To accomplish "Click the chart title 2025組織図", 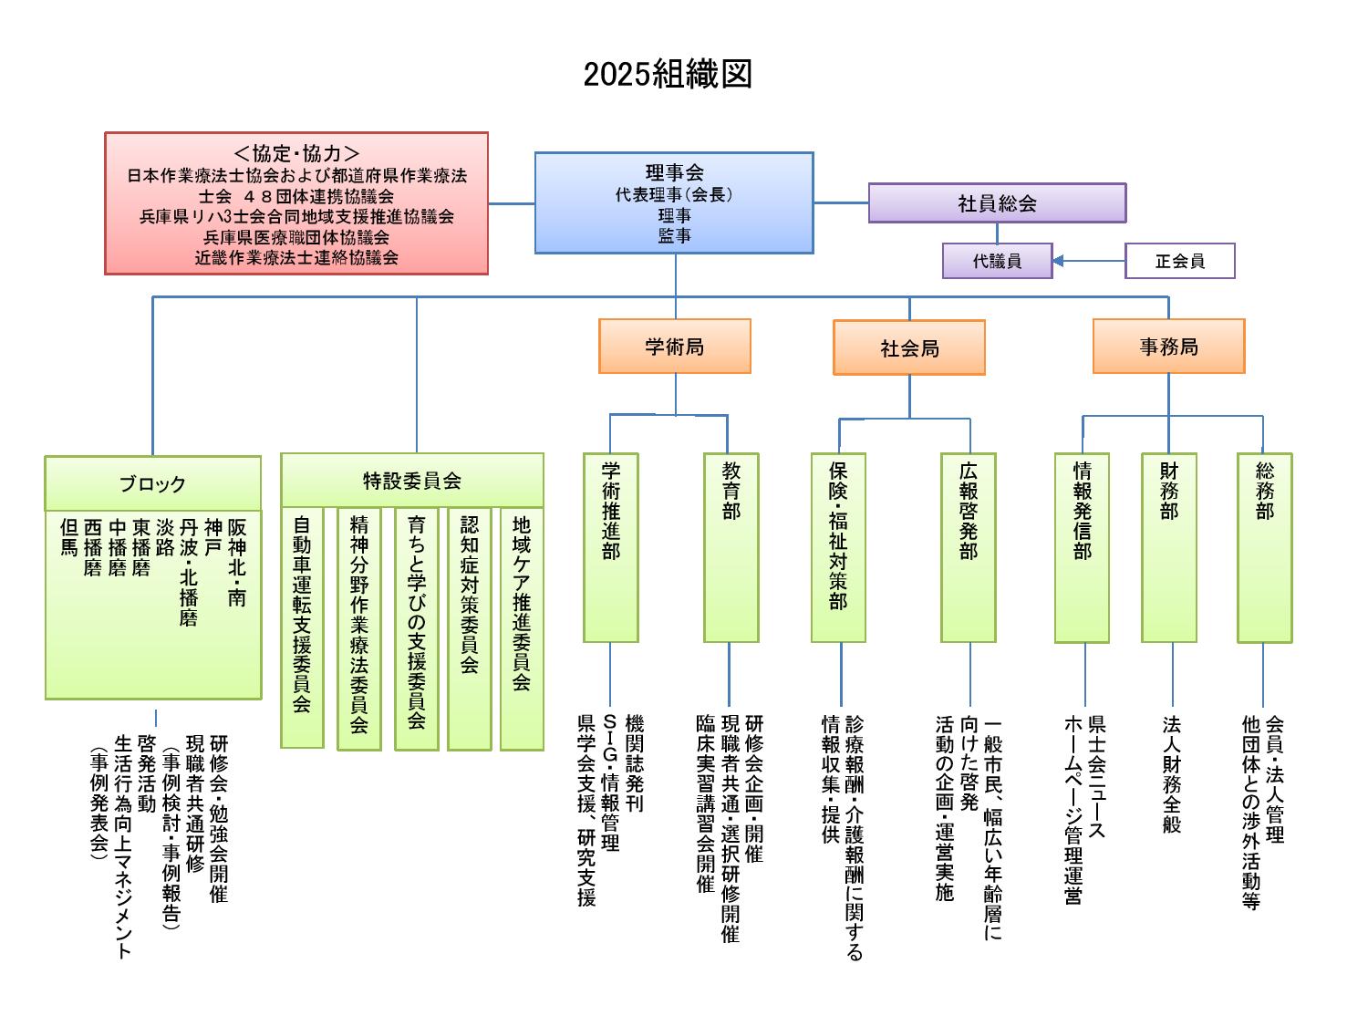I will [668, 75].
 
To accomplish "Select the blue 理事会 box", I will [674, 202].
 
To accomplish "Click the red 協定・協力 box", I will [296, 203].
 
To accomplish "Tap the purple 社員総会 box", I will [997, 203].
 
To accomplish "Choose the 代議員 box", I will [997, 261].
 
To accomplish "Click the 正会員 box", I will [1180, 261].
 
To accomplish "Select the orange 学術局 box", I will [675, 347].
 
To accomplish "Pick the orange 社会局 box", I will [909, 347].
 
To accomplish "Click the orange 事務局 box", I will [1168, 347].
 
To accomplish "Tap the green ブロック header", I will [152, 483].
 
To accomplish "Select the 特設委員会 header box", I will [412, 481].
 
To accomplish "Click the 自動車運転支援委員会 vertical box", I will [302, 627].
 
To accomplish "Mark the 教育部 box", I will [731, 547].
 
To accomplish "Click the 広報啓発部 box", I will [968, 547].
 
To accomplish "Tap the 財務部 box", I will [1168, 547].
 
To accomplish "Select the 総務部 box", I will [1264, 547].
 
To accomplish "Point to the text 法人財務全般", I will [1172, 773].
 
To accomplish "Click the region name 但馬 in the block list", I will [68, 537].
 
